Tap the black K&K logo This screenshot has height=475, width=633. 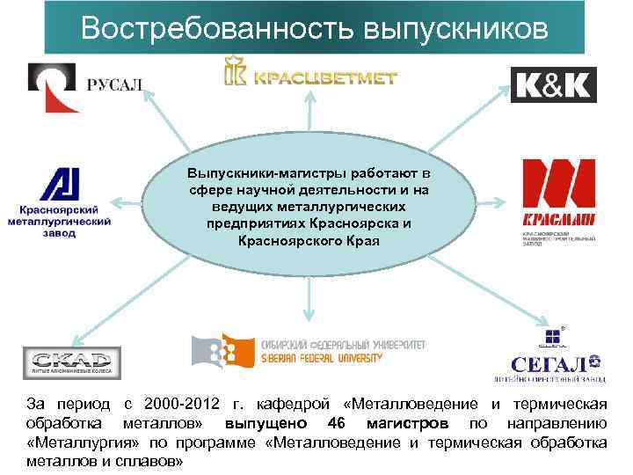pos(553,84)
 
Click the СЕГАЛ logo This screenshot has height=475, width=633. pos(555,355)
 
